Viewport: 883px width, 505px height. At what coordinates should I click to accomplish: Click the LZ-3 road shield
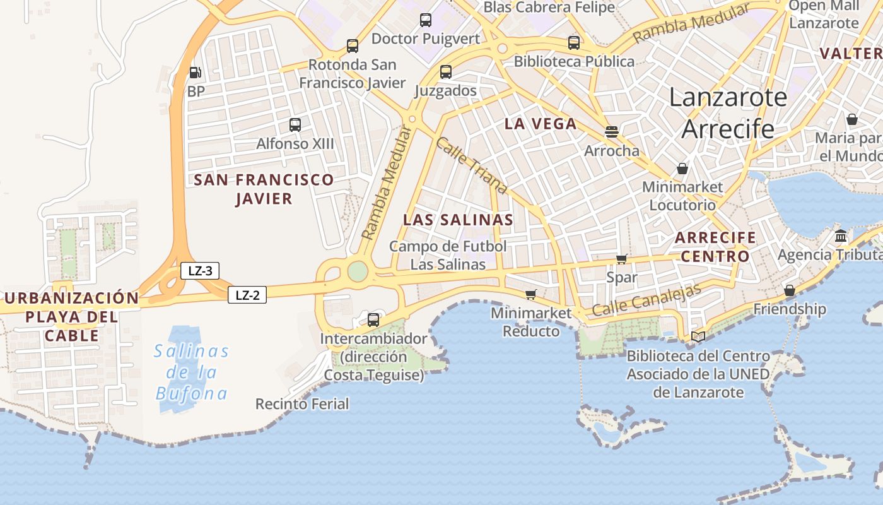[x=200, y=271]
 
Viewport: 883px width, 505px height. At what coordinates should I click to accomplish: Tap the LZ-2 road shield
[x=247, y=295]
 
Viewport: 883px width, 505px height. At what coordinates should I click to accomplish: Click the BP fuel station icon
[x=196, y=73]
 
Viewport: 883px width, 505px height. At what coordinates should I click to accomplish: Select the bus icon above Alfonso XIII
[x=295, y=124]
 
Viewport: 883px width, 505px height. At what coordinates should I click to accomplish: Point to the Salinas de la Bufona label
[x=192, y=372]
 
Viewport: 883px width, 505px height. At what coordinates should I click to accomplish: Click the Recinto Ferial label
[x=302, y=404]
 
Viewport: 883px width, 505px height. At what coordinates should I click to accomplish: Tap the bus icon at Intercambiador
[x=373, y=319]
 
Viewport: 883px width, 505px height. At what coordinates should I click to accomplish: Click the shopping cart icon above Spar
[x=621, y=259]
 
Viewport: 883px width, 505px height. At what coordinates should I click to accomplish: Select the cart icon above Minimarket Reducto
[x=530, y=294]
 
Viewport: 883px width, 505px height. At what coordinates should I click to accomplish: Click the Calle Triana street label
[x=472, y=165]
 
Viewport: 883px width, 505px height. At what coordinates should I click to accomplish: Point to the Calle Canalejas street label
[x=646, y=300]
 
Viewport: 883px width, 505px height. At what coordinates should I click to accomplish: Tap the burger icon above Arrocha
[x=611, y=131]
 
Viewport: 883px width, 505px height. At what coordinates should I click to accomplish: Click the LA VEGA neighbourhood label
[x=541, y=124]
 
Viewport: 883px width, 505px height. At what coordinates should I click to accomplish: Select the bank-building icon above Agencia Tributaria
[x=841, y=236]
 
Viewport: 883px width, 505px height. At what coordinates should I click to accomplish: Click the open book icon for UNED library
[x=698, y=336]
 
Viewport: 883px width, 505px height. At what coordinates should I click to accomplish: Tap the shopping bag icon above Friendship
[x=789, y=290]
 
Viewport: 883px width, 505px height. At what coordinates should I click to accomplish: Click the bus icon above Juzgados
[x=446, y=72]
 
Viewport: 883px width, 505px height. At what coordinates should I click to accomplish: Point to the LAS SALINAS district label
[x=458, y=220]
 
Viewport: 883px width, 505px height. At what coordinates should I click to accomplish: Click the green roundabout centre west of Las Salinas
[x=358, y=271]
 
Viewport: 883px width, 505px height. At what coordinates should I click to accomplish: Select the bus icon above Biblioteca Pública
[x=573, y=43]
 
